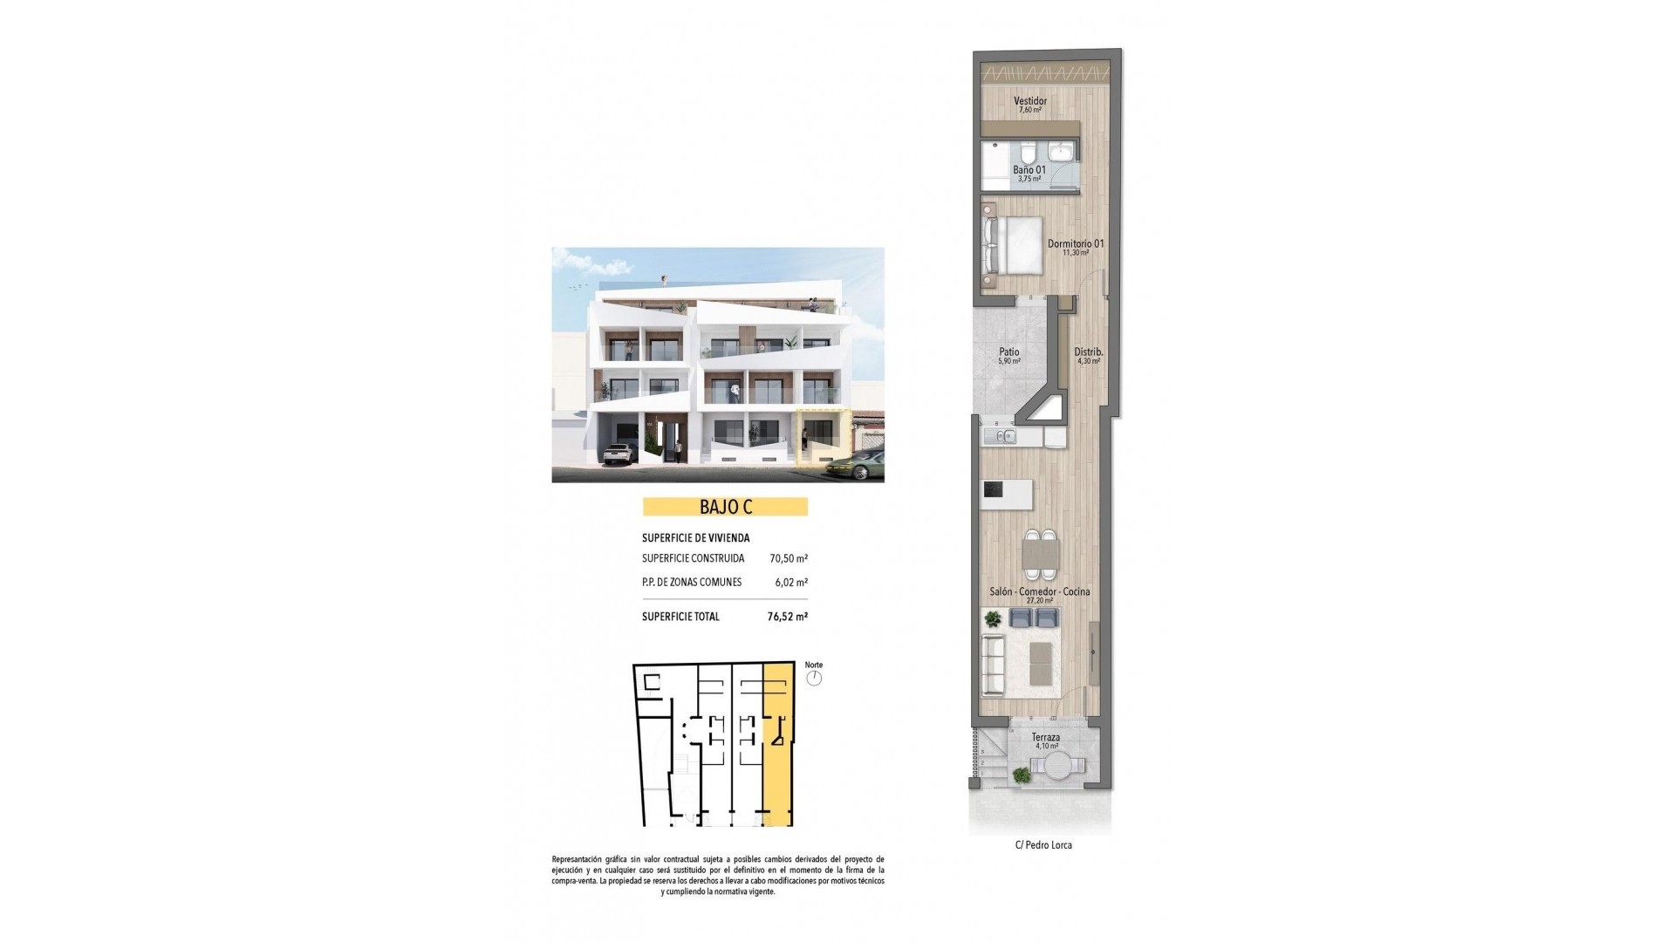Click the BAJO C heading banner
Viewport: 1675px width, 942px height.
pyautogui.click(x=725, y=507)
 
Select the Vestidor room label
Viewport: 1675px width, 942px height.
pyautogui.click(x=1030, y=101)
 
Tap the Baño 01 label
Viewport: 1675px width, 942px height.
pyautogui.click(x=1029, y=170)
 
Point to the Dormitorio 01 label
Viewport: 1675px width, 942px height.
pyautogui.click(x=1075, y=243)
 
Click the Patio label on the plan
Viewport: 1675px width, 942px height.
pyautogui.click(x=1008, y=352)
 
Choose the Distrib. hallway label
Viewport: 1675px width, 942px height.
pyautogui.click(x=1088, y=352)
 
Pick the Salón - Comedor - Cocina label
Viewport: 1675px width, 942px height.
pyautogui.click(x=1039, y=591)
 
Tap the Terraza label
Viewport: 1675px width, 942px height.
pyautogui.click(x=1045, y=737)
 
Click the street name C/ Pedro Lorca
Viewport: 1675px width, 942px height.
pyautogui.click(x=1043, y=845)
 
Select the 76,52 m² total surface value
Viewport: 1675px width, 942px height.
pyautogui.click(x=787, y=617)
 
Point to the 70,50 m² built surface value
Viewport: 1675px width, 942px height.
pyautogui.click(x=788, y=558)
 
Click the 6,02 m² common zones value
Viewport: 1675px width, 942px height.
pyautogui.click(x=790, y=583)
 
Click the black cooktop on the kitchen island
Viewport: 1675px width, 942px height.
pyautogui.click(x=993, y=490)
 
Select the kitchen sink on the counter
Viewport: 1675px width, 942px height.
pyautogui.click(x=1000, y=435)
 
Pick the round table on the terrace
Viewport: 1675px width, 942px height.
pyautogui.click(x=1058, y=768)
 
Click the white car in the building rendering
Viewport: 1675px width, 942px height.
pyautogui.click(x=617, y=453)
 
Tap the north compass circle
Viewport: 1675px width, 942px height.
pyautogui.click(x=814, y=678)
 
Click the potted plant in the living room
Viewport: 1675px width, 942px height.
pyautogui.click(x=993, y=618)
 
